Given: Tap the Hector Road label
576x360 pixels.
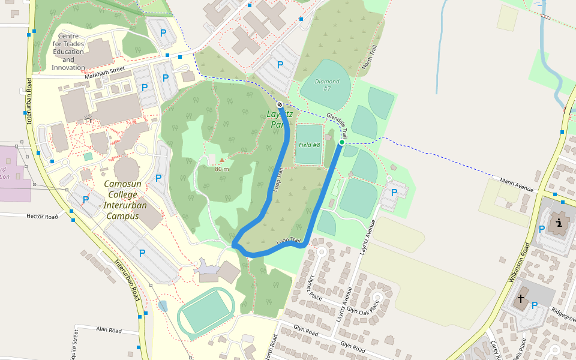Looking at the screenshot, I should [x=41, y=216].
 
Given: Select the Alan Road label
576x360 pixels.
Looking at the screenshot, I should [x=109, y=330].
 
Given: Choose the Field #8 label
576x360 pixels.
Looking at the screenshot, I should [x=309, y=145].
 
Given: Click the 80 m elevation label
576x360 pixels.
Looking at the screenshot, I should [x=222, y=169].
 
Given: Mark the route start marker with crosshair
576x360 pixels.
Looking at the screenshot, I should [x=280, y=105].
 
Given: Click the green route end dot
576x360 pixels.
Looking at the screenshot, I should [x=341, y=142].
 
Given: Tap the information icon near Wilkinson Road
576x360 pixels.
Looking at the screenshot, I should [x=560, y=224].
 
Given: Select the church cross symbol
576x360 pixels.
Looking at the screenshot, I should [x=521, y=298].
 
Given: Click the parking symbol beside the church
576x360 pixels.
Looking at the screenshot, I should [x=534, y=305].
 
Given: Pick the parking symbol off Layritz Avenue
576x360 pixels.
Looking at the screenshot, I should [x=394, y=193].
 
